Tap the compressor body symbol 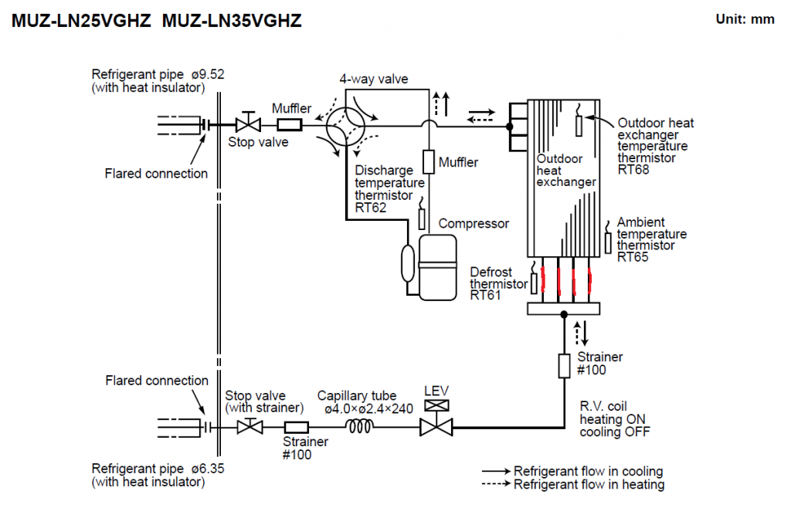click(437, 267)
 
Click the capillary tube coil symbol click(360, 427)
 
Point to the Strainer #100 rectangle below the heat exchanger click(564, 365)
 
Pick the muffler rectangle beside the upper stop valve click(290, 124)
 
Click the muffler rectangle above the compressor click(428, 162)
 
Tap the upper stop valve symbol click(248, 123)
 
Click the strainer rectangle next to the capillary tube click(297, 428)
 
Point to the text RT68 click(633, 170)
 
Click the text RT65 click(633, 257)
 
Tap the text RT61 click(485, 296)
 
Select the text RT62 click(370, 208)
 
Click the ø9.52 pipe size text click(208, 74)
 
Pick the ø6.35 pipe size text click(208, 468)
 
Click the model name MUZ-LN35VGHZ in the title click(232, 21)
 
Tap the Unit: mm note click(745, 19)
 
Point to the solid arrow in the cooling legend click(497, 471)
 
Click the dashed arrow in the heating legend click(497, 484)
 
